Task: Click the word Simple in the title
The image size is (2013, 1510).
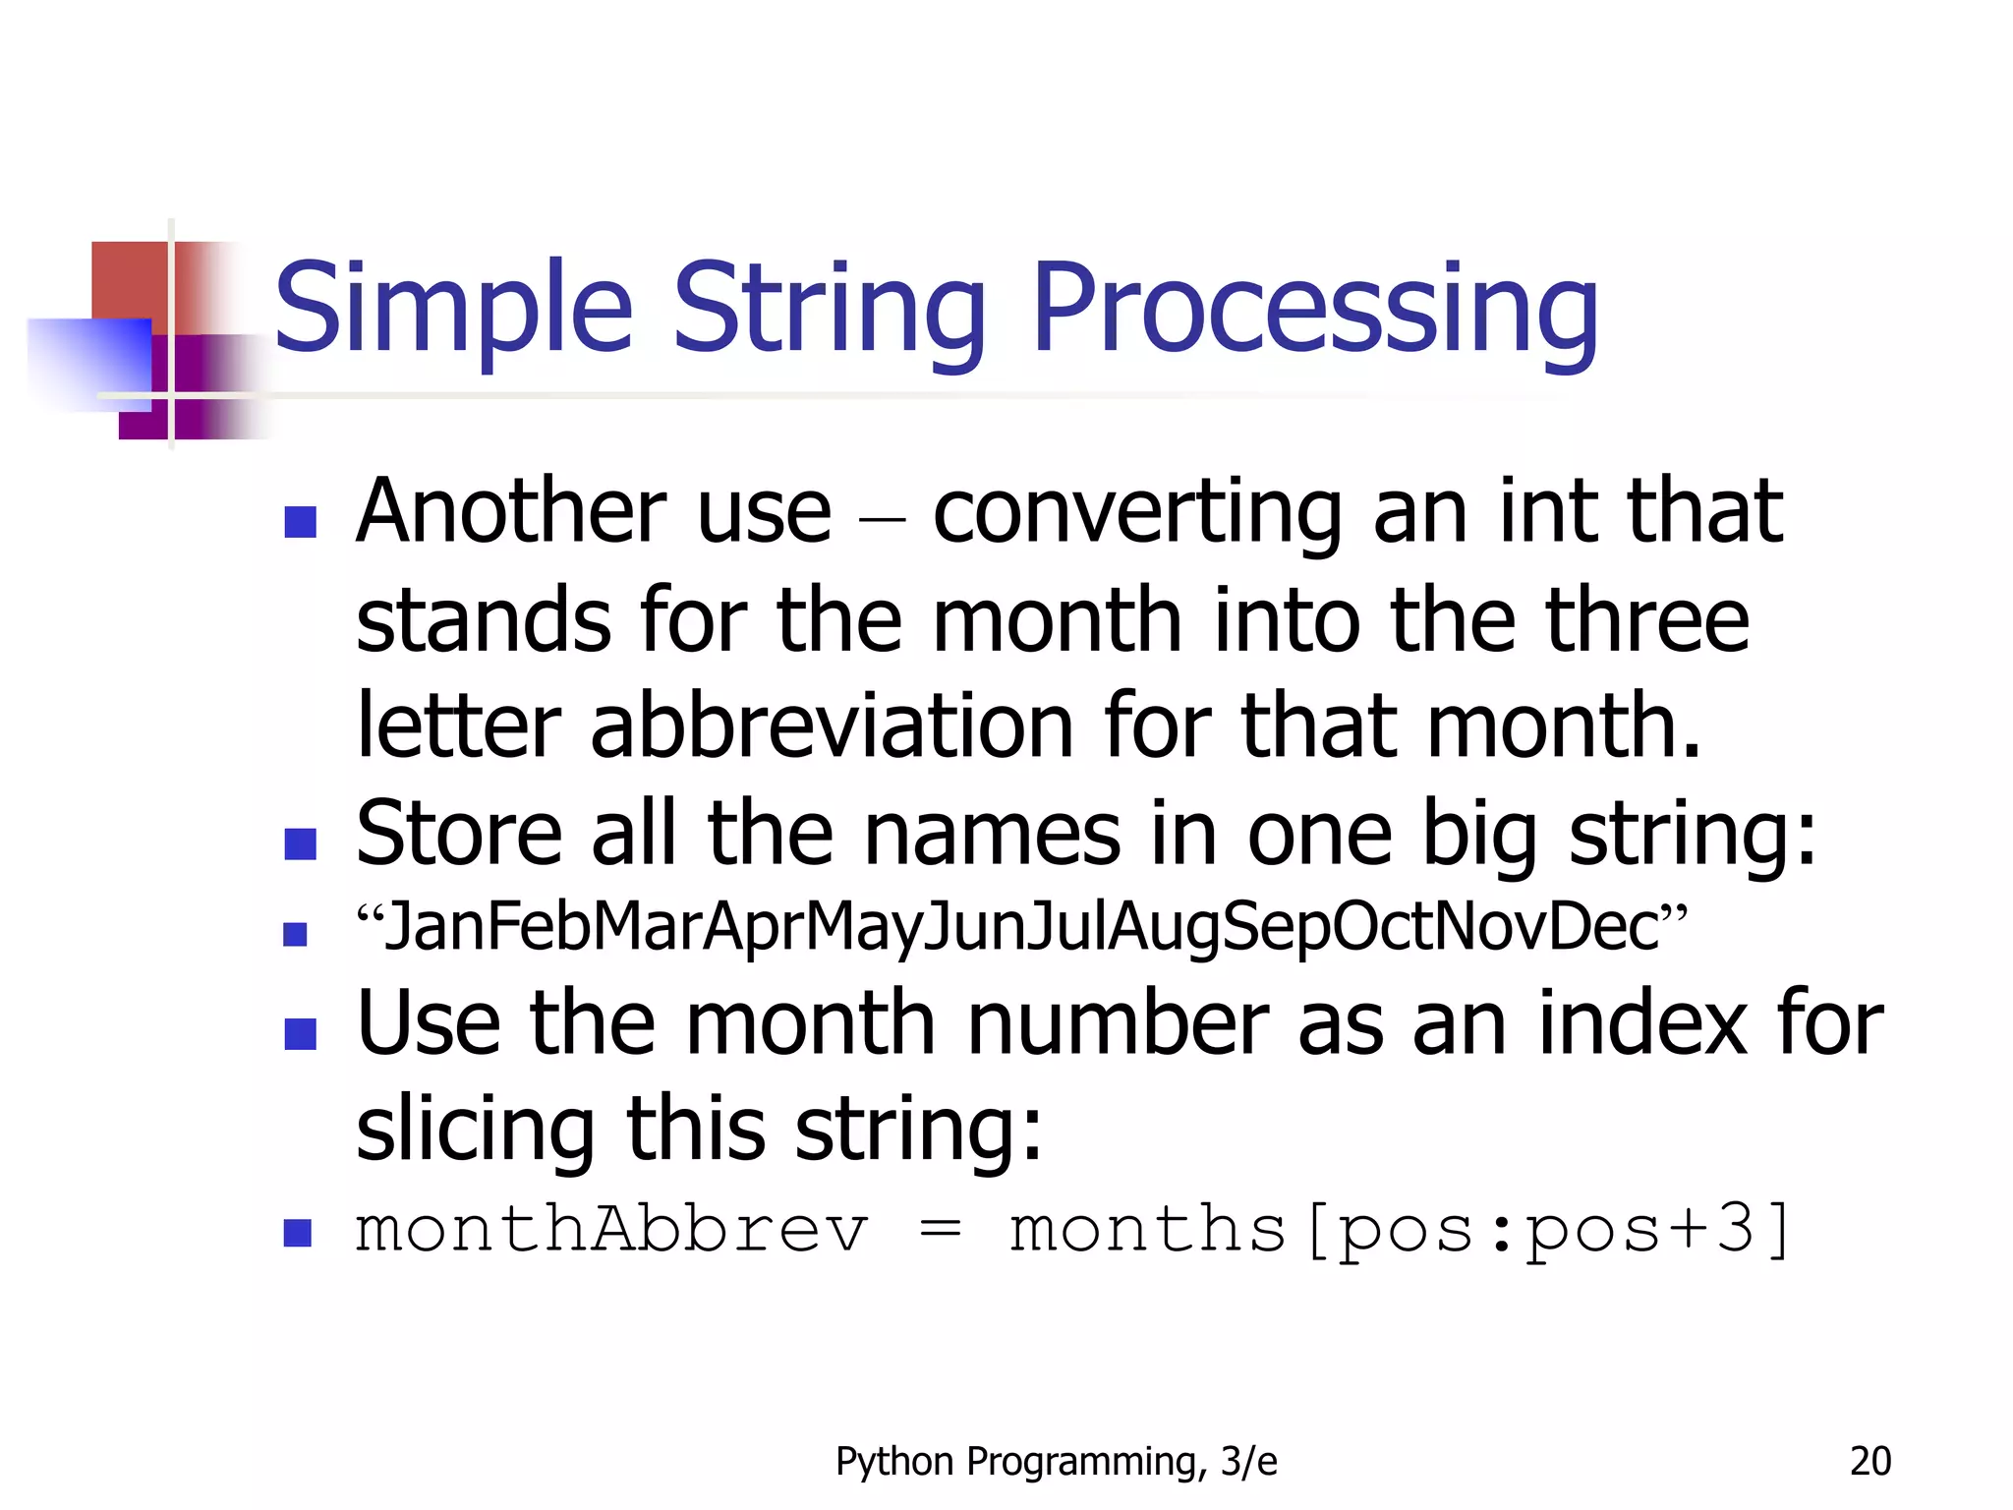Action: coord(453,307)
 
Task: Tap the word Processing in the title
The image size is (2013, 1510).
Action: coord(1315,307)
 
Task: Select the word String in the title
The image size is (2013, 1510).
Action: coord(829,307)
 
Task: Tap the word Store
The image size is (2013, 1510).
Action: coord(459,834)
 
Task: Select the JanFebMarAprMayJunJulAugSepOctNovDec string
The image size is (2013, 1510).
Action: coord(1022,927)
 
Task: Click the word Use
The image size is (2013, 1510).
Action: coord(429,1023)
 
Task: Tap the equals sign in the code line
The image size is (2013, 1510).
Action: coord(940,1231)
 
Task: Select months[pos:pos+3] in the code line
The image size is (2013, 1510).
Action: coord(1400,1230)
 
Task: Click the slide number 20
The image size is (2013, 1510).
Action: coord(1869,1462)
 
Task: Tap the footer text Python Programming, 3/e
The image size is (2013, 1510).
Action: coord(1056,1462)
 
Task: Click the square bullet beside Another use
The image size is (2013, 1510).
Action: coord(300,522)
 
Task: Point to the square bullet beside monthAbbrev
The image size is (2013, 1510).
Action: coord(297,1233)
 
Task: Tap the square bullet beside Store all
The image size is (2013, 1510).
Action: coord(300,844)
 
